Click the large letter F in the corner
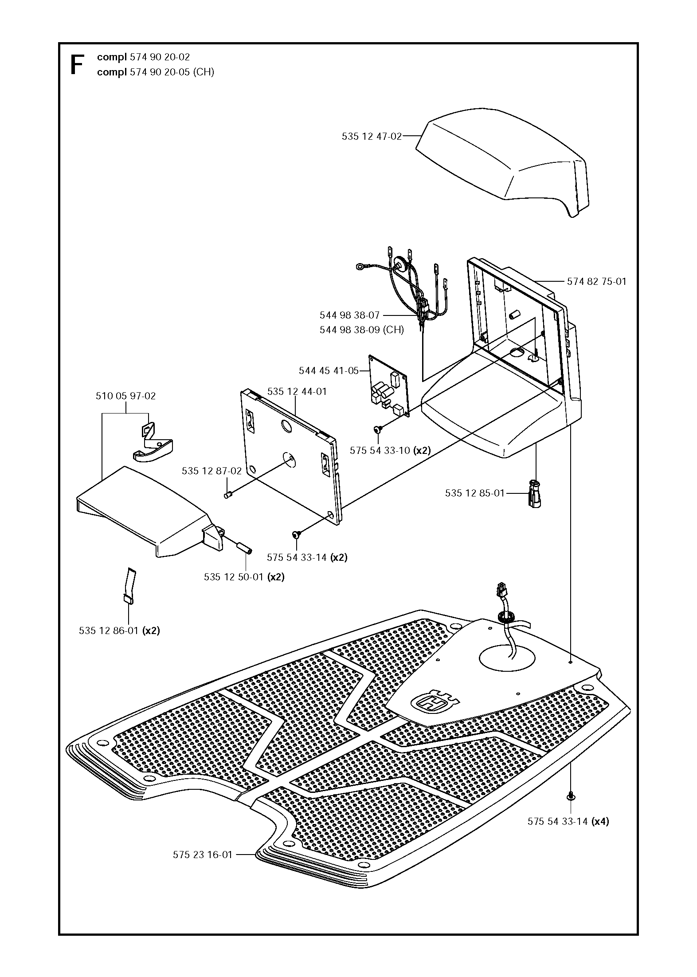pos(77,65)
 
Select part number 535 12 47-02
pos(372,137)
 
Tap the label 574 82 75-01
pos(597,281)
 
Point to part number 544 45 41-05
pos(329,370)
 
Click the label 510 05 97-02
pos(126,396)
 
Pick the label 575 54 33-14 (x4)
pos(568,821)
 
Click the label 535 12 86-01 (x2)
pos(119,630)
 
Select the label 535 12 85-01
pos(475,493)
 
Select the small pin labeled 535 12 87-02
pos(229,494)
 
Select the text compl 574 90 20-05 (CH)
pos(156,72)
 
